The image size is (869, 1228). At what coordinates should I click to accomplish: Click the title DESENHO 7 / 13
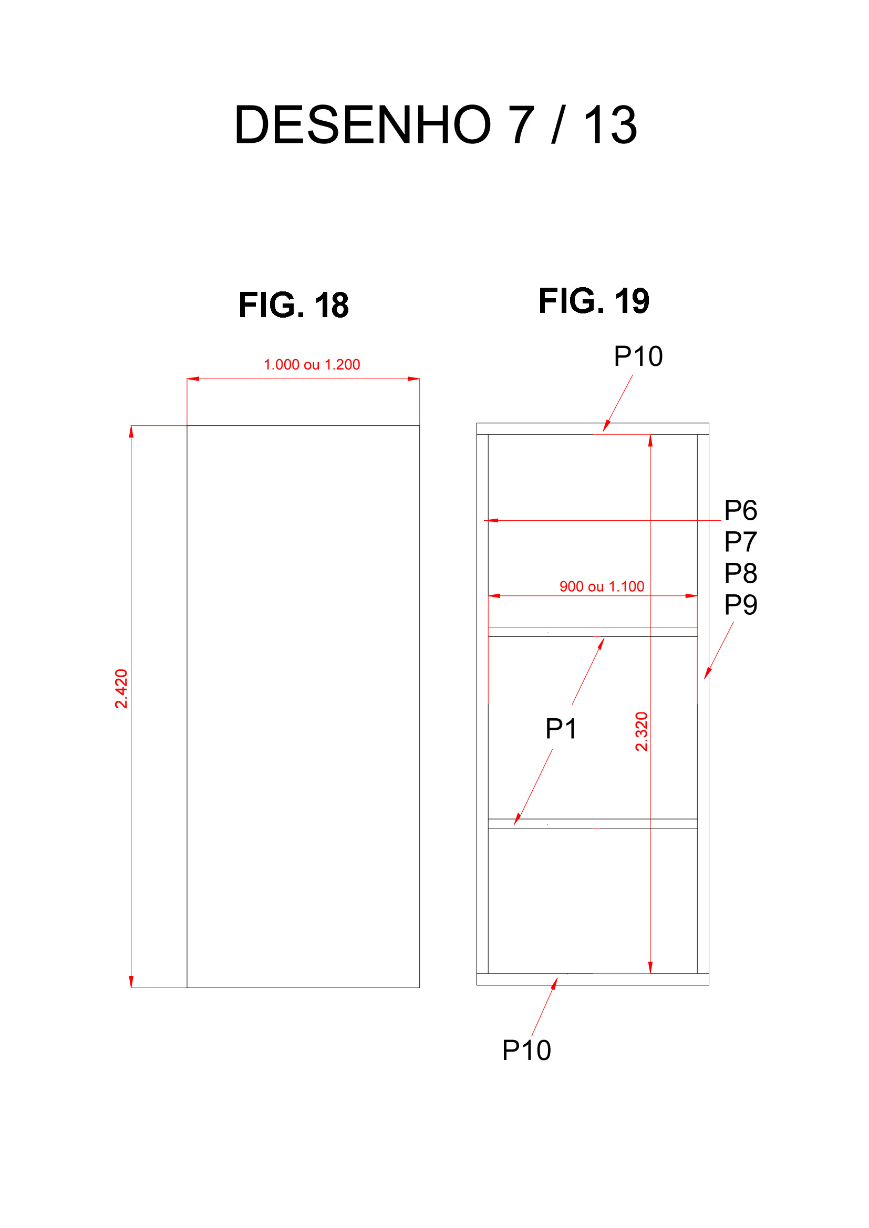point(436,125)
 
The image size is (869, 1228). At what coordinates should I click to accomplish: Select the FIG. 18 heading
point(294,306)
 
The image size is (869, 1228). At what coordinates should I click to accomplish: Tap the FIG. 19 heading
point(594,301)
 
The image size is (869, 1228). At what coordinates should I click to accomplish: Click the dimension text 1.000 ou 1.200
point(312,365)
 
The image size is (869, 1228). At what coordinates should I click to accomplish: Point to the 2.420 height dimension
point(121,689)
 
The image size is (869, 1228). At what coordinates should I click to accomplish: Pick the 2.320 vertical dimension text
point(642,732)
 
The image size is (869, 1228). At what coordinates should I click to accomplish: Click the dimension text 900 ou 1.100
point(602,587)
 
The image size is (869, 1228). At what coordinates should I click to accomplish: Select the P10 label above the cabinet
point(638,356)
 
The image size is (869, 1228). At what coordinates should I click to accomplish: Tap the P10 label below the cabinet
point(526,1051)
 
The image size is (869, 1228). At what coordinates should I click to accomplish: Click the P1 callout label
point(561,729)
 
